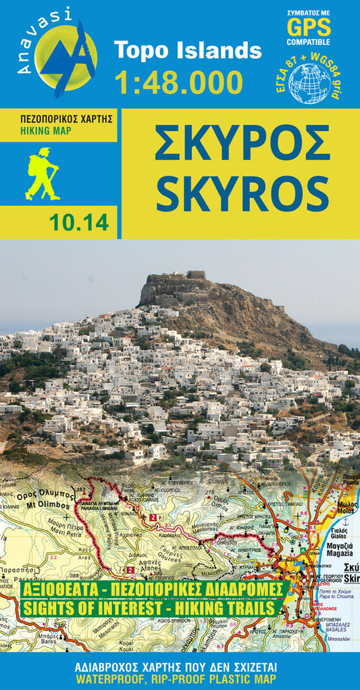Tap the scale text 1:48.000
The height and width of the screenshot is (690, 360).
point(178,82)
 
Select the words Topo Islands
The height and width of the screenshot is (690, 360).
point(187,50)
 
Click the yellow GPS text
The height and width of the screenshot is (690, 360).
point(309,28)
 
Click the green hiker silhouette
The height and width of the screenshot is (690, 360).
point(42,174)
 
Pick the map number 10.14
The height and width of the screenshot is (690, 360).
point(79,223)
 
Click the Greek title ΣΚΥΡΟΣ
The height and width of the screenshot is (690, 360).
point(241,143)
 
